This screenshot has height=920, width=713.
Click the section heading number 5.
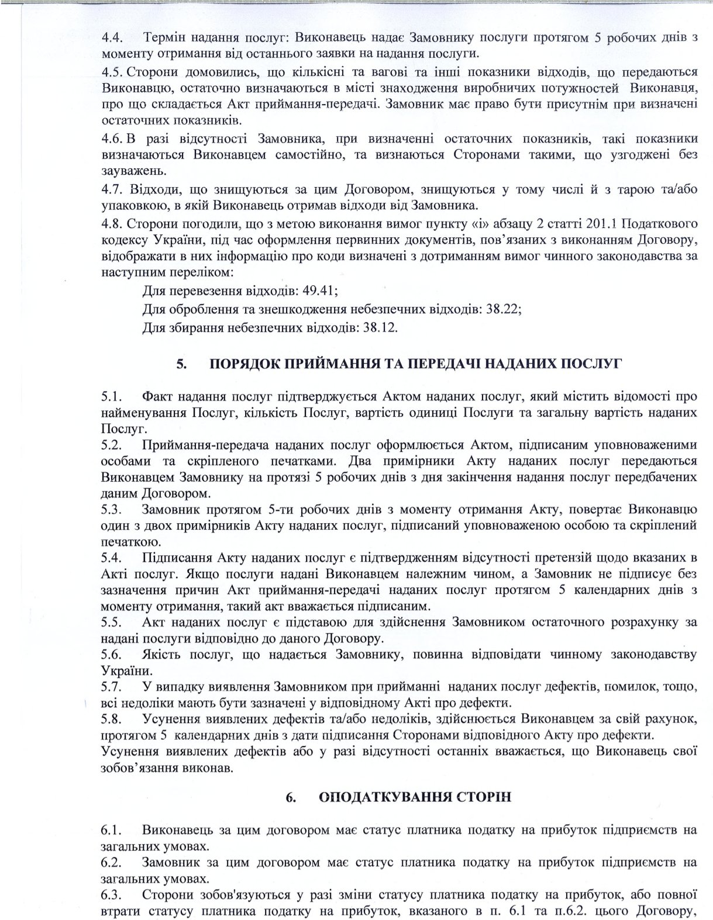(x=181, y=364)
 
